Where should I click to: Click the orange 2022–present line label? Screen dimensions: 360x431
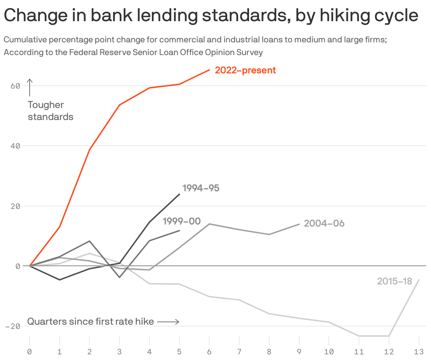click(x=245, y=70)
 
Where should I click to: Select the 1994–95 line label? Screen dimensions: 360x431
click(x=201, y=188)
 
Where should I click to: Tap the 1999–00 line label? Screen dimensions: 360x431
click(x=182, y=221)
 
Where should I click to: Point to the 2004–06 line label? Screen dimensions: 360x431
click(x=324, y=223)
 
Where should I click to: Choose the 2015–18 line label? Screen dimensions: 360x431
click(x=395, y=281)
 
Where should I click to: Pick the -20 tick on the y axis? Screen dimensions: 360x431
click(x=13, y=326)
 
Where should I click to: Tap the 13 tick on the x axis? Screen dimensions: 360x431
click(x=419, y=352)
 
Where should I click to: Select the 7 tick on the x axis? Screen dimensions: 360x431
click(x=239, y=352)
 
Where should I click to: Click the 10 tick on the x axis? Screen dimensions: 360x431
click(x=329, y=352)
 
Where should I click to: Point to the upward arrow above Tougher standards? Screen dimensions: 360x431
click(x=30, y=87)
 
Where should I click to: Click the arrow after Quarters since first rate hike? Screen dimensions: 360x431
click(x=168, y=322)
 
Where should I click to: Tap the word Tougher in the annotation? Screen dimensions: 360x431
click(x=46, y=105)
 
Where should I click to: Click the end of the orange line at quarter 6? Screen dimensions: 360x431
click(x=209, y=70)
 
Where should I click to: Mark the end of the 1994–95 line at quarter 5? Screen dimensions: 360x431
click(x=179, y=194)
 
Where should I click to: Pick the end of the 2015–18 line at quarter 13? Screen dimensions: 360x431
click(x=419, y=280)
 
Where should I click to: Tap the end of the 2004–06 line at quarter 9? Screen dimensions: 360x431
click(x=299, y=224)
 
